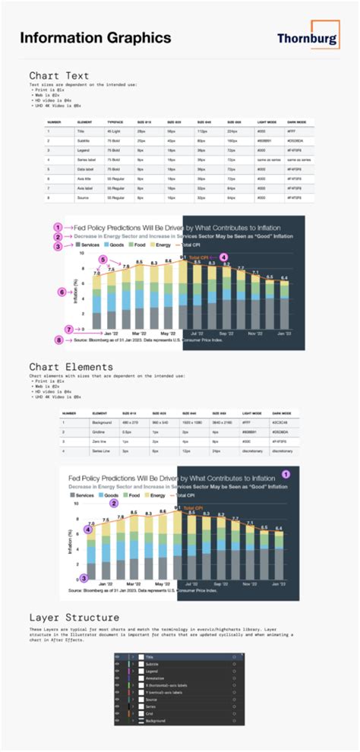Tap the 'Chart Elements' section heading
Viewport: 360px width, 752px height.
click(x=71, y=367)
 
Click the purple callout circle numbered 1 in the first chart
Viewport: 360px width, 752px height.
click(x=56, y=227)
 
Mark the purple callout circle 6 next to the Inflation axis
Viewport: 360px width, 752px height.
click(x=62, y=291)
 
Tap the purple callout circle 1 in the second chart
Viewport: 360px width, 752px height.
click(x=286, y=472)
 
